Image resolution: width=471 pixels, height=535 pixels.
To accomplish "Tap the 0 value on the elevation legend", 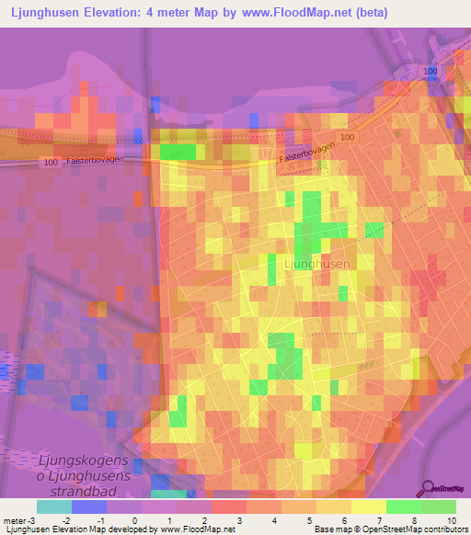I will pyautogui.click(x=134, y=521).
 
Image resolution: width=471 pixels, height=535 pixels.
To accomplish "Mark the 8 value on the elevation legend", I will pyautogui.click(x=387, y=521).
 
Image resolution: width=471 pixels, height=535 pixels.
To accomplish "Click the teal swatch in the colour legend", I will pyautogui.click(x=54, y=507).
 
